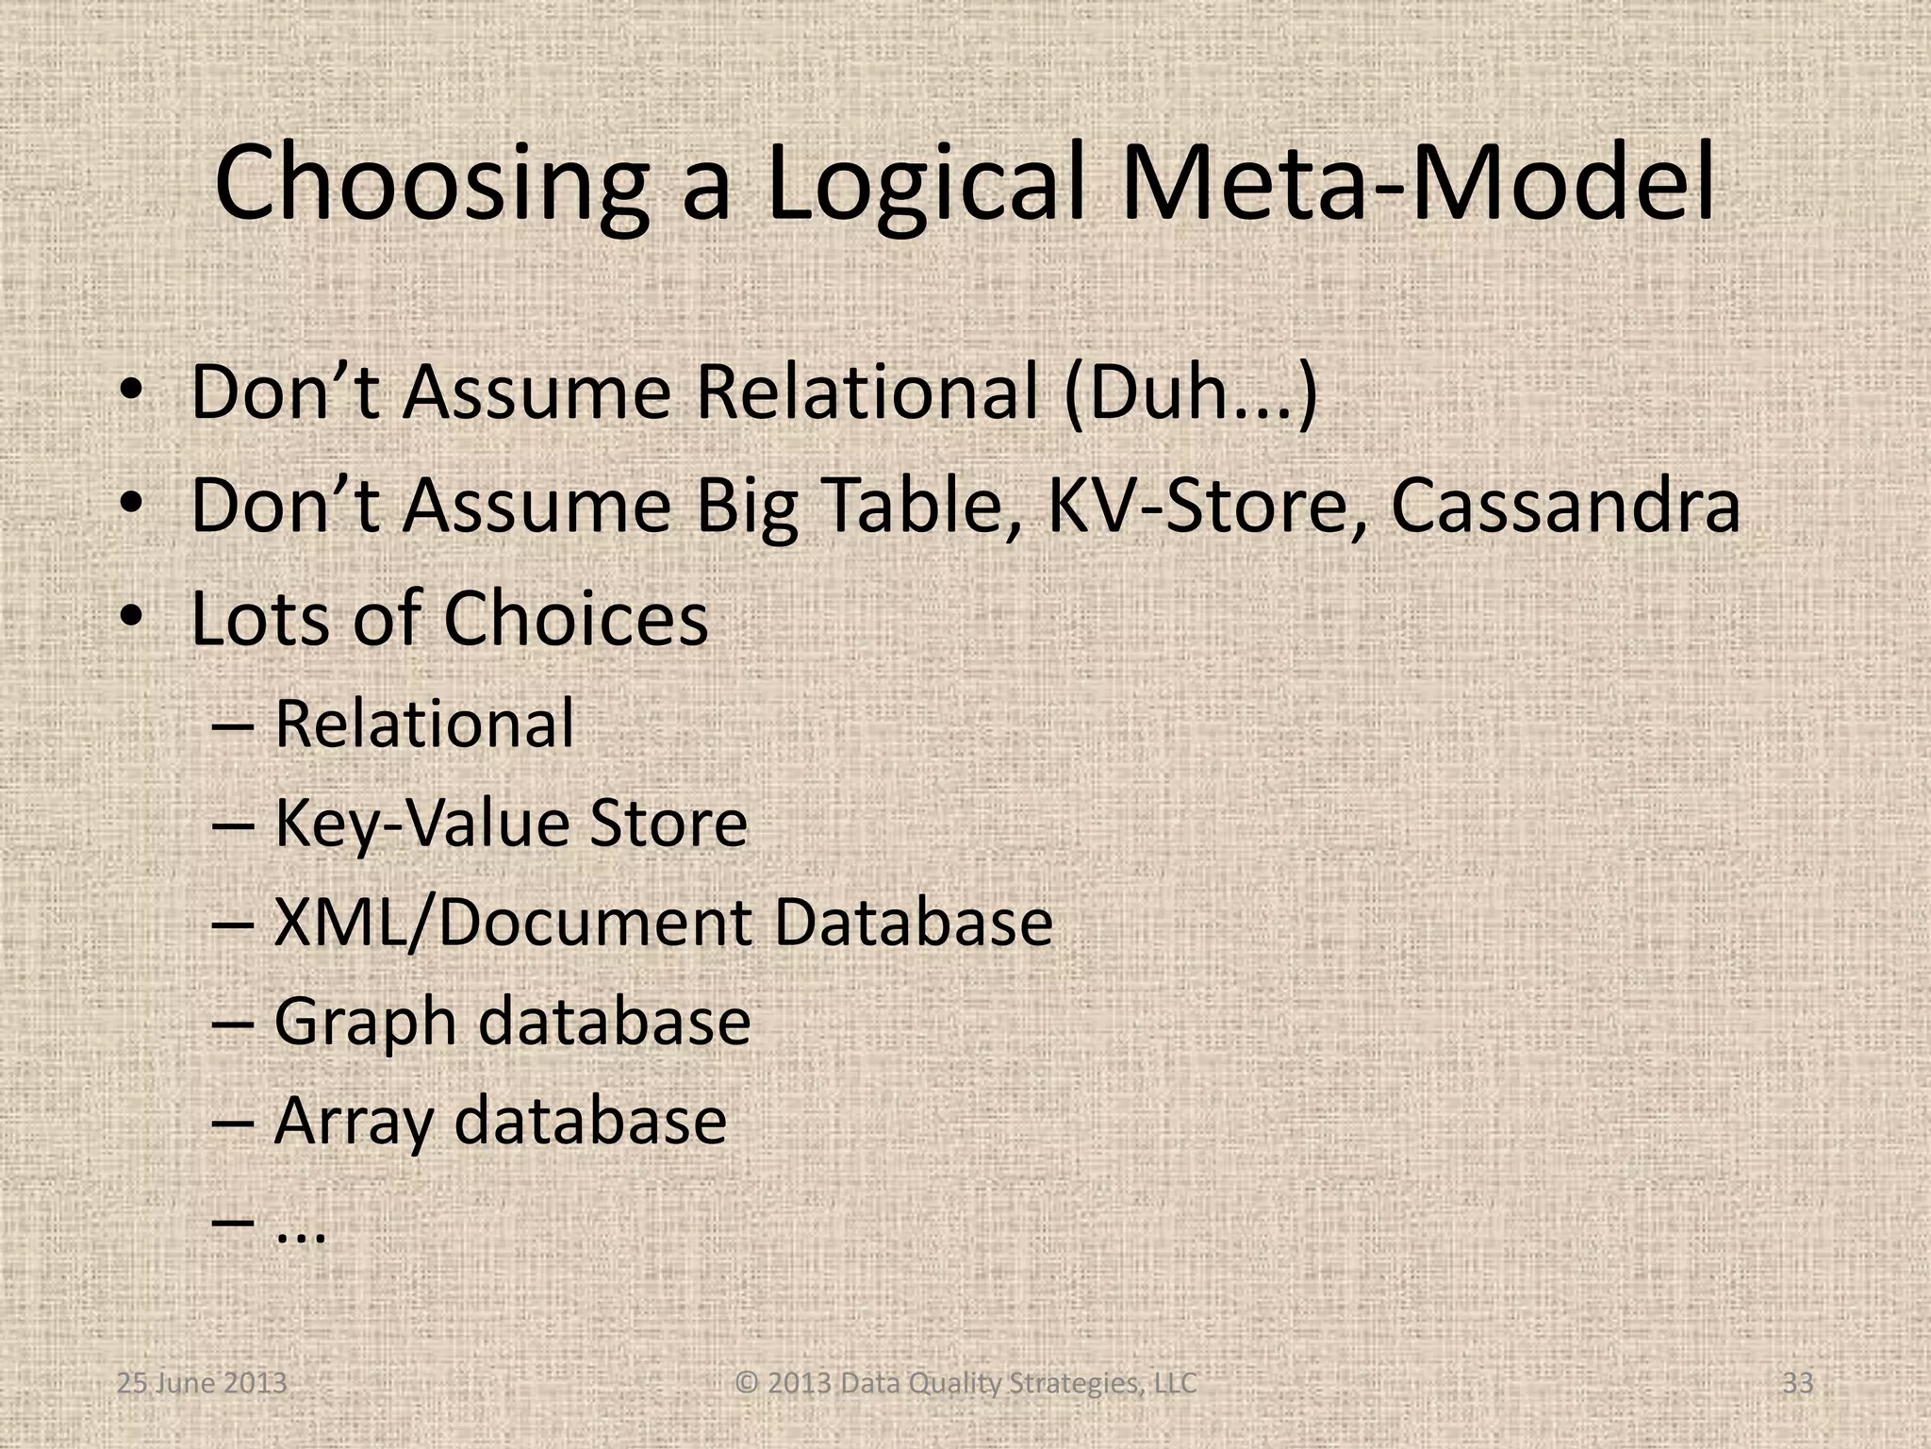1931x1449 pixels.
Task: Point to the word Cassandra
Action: pyautogui.click(x=1565, y=507)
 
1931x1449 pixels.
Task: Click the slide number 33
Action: pyautogui.click(x=1798, y=1384)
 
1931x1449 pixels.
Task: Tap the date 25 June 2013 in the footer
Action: pyautogui.click(x=202, y=1384)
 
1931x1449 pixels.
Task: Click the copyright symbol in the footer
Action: pyautogui.click(x=747, y=1384)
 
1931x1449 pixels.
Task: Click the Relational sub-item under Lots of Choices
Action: pyautogui.click(x=423, y=724)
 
